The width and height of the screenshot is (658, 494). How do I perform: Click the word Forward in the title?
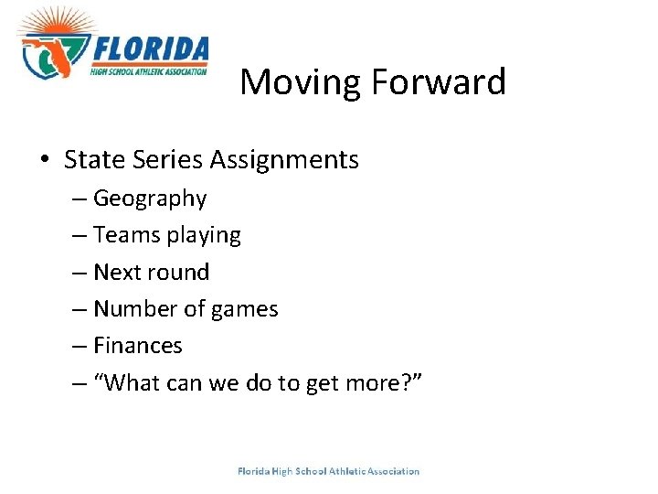438,82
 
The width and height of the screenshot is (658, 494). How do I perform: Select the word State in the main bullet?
91,160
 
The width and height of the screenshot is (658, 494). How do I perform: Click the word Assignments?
284,161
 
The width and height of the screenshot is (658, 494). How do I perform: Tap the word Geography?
150,199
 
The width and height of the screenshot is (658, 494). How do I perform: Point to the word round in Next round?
182,273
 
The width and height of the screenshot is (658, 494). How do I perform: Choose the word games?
244,310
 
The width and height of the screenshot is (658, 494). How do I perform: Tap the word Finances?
138,346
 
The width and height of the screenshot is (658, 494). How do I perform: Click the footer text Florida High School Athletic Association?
328,472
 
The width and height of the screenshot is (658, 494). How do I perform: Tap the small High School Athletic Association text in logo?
149,70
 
